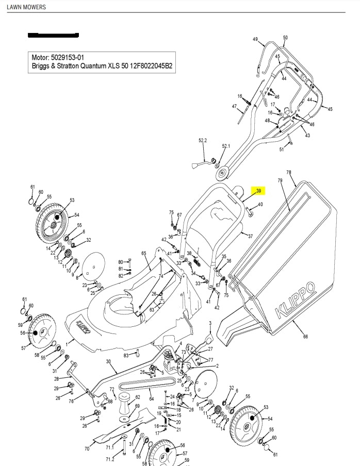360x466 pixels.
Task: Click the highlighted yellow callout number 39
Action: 259,191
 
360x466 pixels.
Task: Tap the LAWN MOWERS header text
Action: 26,7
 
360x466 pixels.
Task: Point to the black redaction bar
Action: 53,36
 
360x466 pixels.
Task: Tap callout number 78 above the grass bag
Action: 289,173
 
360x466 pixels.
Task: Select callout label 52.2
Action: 203,141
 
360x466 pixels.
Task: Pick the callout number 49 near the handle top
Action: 255,39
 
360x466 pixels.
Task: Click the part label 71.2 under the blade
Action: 110,459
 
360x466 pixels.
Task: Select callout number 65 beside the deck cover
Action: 144,253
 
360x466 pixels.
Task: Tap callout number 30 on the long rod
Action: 108,361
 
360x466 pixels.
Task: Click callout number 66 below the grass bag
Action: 305,337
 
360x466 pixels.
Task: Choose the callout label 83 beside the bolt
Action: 126,356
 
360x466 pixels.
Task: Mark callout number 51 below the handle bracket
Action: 282,149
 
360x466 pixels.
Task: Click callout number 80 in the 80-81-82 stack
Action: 121,262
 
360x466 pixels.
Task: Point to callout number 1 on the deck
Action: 66,343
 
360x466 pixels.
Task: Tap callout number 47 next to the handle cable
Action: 234,106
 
